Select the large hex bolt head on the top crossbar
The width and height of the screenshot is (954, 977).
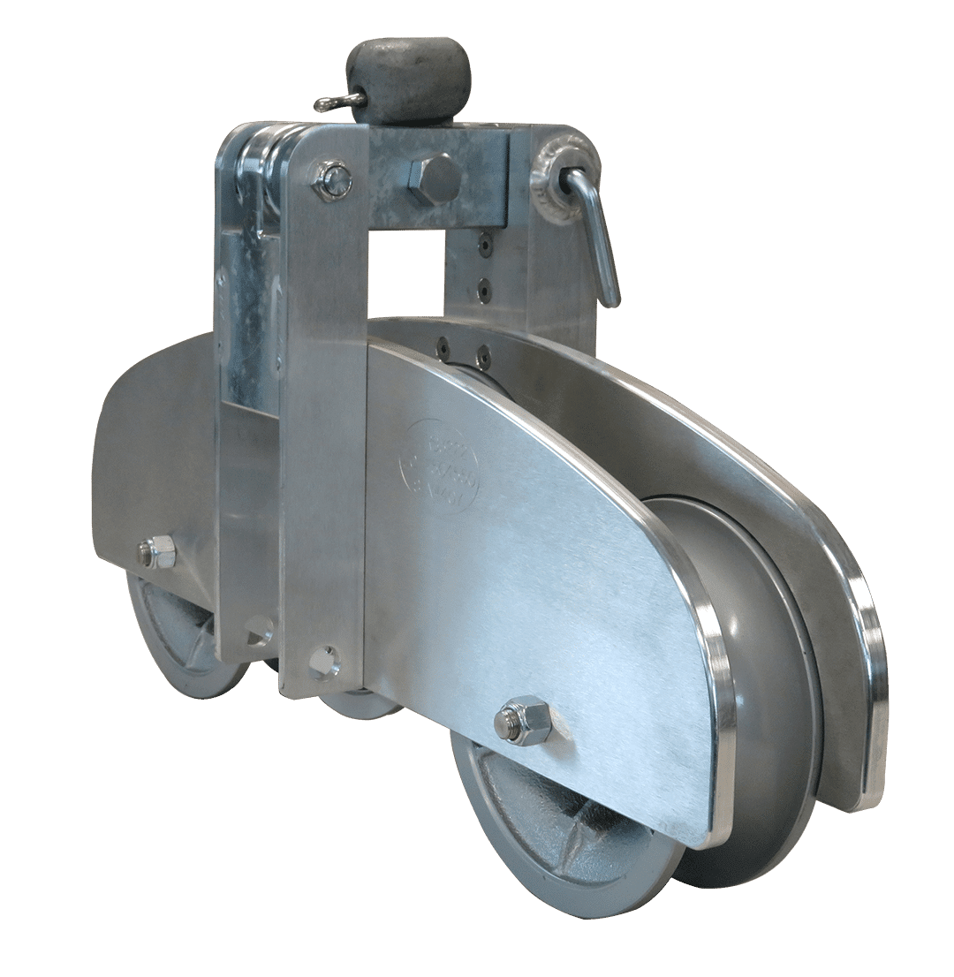click(x=433, y=179)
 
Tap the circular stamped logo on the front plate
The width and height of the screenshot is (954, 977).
click(x=439, y=467)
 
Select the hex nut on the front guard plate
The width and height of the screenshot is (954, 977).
click(x=524, y=719)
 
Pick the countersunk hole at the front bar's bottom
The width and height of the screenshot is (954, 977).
click(x=324, y=661)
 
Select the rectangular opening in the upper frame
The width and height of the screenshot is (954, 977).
click(x=406, y=274)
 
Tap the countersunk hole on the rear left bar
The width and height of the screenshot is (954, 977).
click(x=260, y=629)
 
